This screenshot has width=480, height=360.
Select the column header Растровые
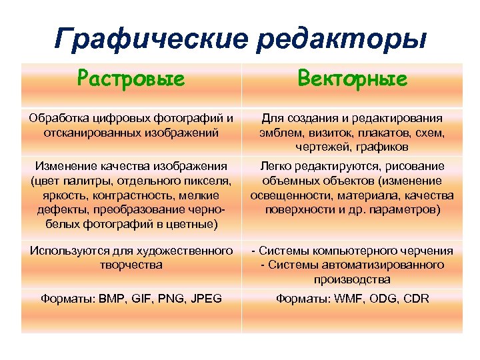coord(131,80)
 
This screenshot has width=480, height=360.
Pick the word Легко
coord(275,166)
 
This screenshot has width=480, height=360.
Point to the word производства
coord(352,279)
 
